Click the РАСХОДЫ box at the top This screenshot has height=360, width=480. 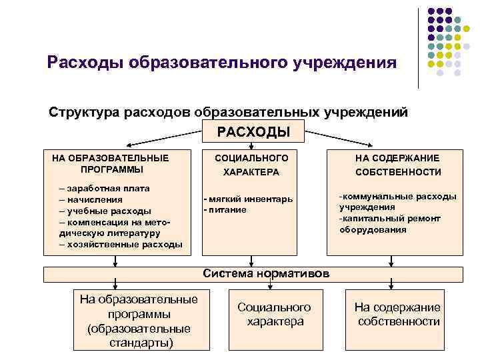(x=253, y=131)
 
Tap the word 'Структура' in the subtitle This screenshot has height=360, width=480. (x=84, y=111)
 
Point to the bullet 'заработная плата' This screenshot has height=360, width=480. (x=107, y=189)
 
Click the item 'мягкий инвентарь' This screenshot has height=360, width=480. (x=251, y=199)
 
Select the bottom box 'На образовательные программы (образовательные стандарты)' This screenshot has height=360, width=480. (x=139, y=320)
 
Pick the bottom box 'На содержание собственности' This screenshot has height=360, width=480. (x=398, y=314)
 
